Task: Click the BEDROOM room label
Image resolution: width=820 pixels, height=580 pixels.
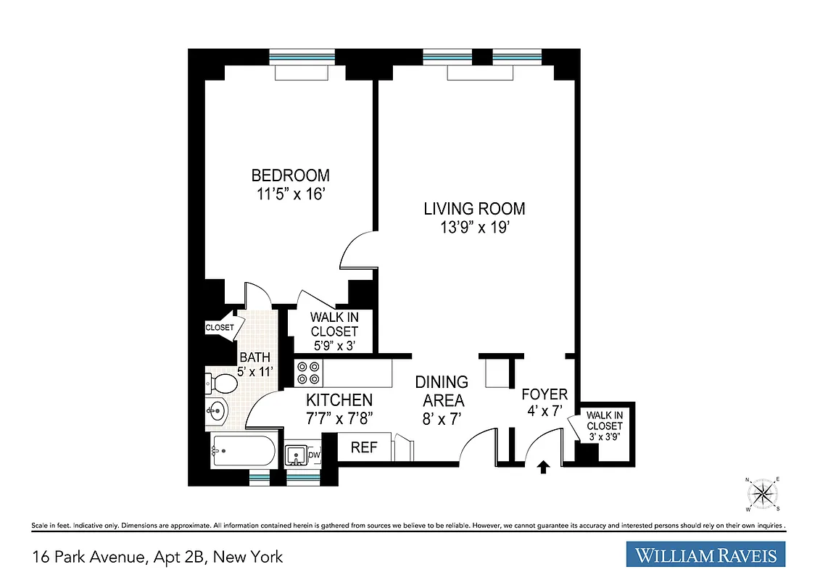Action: pyautogui.click(x=290, y=175)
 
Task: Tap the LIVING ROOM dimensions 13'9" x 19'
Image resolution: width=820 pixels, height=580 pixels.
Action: pyautogui.click(x=474, y=227)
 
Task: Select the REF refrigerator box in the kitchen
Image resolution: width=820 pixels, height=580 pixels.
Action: pyautogui.click(x=364, y=447)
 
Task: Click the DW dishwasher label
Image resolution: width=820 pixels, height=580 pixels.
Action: pyautogui.click(x=314, y=455)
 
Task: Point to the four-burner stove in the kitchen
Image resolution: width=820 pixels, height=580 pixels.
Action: pyautogui.click(x=307, y=373)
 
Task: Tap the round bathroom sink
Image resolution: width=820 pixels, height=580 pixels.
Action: pyautogui.click(x=216, y=412)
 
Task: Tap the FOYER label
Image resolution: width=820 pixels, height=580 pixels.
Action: pyautogui.click(x=544, y=394)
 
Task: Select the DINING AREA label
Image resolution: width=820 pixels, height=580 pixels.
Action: pyautogui.click(x=441, y=391)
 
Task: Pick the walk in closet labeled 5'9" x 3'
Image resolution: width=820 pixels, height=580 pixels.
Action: pyautogui.click(x=334, y=331)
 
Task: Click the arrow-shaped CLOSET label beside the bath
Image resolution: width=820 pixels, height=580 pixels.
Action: pyautogui.click(x=220, y=327)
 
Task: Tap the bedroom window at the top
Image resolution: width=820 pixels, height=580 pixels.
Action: pyautogui.click(x=302, y=57)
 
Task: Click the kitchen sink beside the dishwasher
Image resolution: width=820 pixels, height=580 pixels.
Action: pyautogui.click(x=296, y=455)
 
